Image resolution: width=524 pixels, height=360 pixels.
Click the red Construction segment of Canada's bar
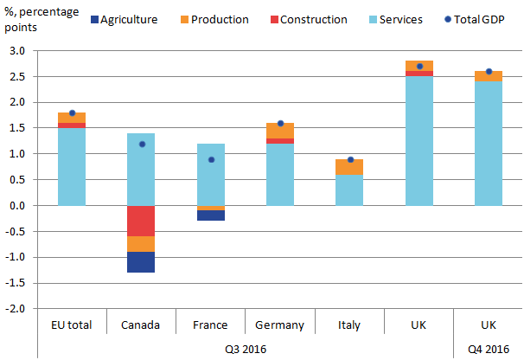tap(141, 221)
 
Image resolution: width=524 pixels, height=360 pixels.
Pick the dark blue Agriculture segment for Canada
tap(141, 262)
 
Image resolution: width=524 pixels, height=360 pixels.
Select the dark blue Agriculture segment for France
tap(210, 215)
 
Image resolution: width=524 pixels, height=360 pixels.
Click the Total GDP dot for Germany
tap(280, 123)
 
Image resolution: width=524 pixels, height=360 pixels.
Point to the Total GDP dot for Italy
tap(349, 159)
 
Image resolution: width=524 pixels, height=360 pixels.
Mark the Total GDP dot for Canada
tap(141, 144)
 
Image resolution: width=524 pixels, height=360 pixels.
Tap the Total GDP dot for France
tap(210, 159)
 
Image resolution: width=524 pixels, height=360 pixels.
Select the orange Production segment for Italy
tap(349, 167)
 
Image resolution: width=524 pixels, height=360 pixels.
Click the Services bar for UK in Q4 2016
tap(489, 143)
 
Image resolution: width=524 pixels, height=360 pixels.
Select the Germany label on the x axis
tap(280, 325)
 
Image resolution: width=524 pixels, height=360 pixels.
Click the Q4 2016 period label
tap(489, 349)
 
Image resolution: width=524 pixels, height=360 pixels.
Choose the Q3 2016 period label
tap(245, 349)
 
